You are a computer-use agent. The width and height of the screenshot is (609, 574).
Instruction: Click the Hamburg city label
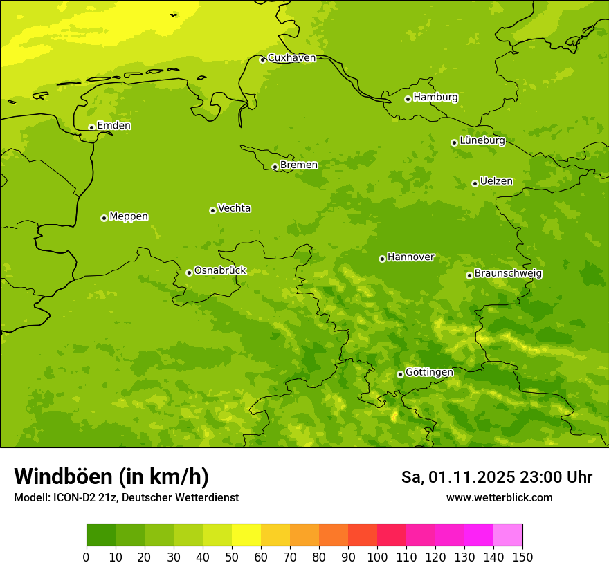[x=435, y=98]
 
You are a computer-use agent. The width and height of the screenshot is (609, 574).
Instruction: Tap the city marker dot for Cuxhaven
[x=262, y=59]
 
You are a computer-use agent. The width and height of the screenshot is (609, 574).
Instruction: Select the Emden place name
[x=113, y=126]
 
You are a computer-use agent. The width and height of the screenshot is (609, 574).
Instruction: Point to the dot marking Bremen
[x=275, y=167]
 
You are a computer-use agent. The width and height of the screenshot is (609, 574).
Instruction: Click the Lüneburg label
[x=482, y=141]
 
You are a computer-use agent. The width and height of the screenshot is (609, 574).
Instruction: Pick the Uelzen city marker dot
[x=475, y=183]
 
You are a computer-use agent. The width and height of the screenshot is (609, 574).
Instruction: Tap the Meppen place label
[x=128, y=216]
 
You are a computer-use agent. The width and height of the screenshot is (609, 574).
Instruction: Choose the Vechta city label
[x=234, y=208]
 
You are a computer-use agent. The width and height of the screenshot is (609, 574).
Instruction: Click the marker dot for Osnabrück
[x=189, y=272]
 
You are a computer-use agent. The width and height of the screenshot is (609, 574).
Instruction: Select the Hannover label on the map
[x=410, y=257]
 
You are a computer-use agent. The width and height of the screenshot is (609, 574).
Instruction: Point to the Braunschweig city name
[x=508, y=274]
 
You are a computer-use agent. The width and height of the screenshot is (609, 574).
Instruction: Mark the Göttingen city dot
[x=400, y=374]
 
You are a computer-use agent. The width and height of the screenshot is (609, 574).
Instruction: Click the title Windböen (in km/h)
[x=111, y=476]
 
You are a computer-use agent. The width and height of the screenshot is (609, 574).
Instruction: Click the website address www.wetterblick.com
[x=499, y=498]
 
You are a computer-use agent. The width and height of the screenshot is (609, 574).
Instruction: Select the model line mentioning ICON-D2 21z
[x=126, y=498]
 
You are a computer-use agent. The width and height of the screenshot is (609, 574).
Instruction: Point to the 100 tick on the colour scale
[x=377, y=557]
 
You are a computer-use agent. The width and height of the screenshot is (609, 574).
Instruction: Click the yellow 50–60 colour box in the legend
[x=246, y=535]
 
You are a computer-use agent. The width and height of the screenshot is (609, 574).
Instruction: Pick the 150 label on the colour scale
[x=522, y=557]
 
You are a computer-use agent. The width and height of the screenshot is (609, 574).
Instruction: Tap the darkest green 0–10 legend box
[x=101, y=535]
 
